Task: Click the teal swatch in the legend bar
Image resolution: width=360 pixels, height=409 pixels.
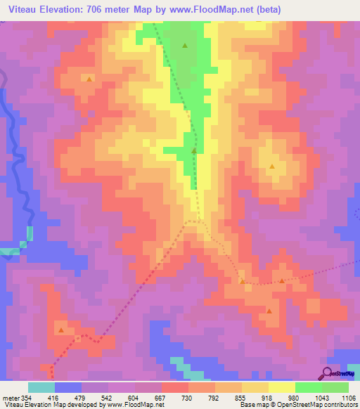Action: tap(41, 387)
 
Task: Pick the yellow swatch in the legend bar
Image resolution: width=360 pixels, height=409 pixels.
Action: tap(281, 387)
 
